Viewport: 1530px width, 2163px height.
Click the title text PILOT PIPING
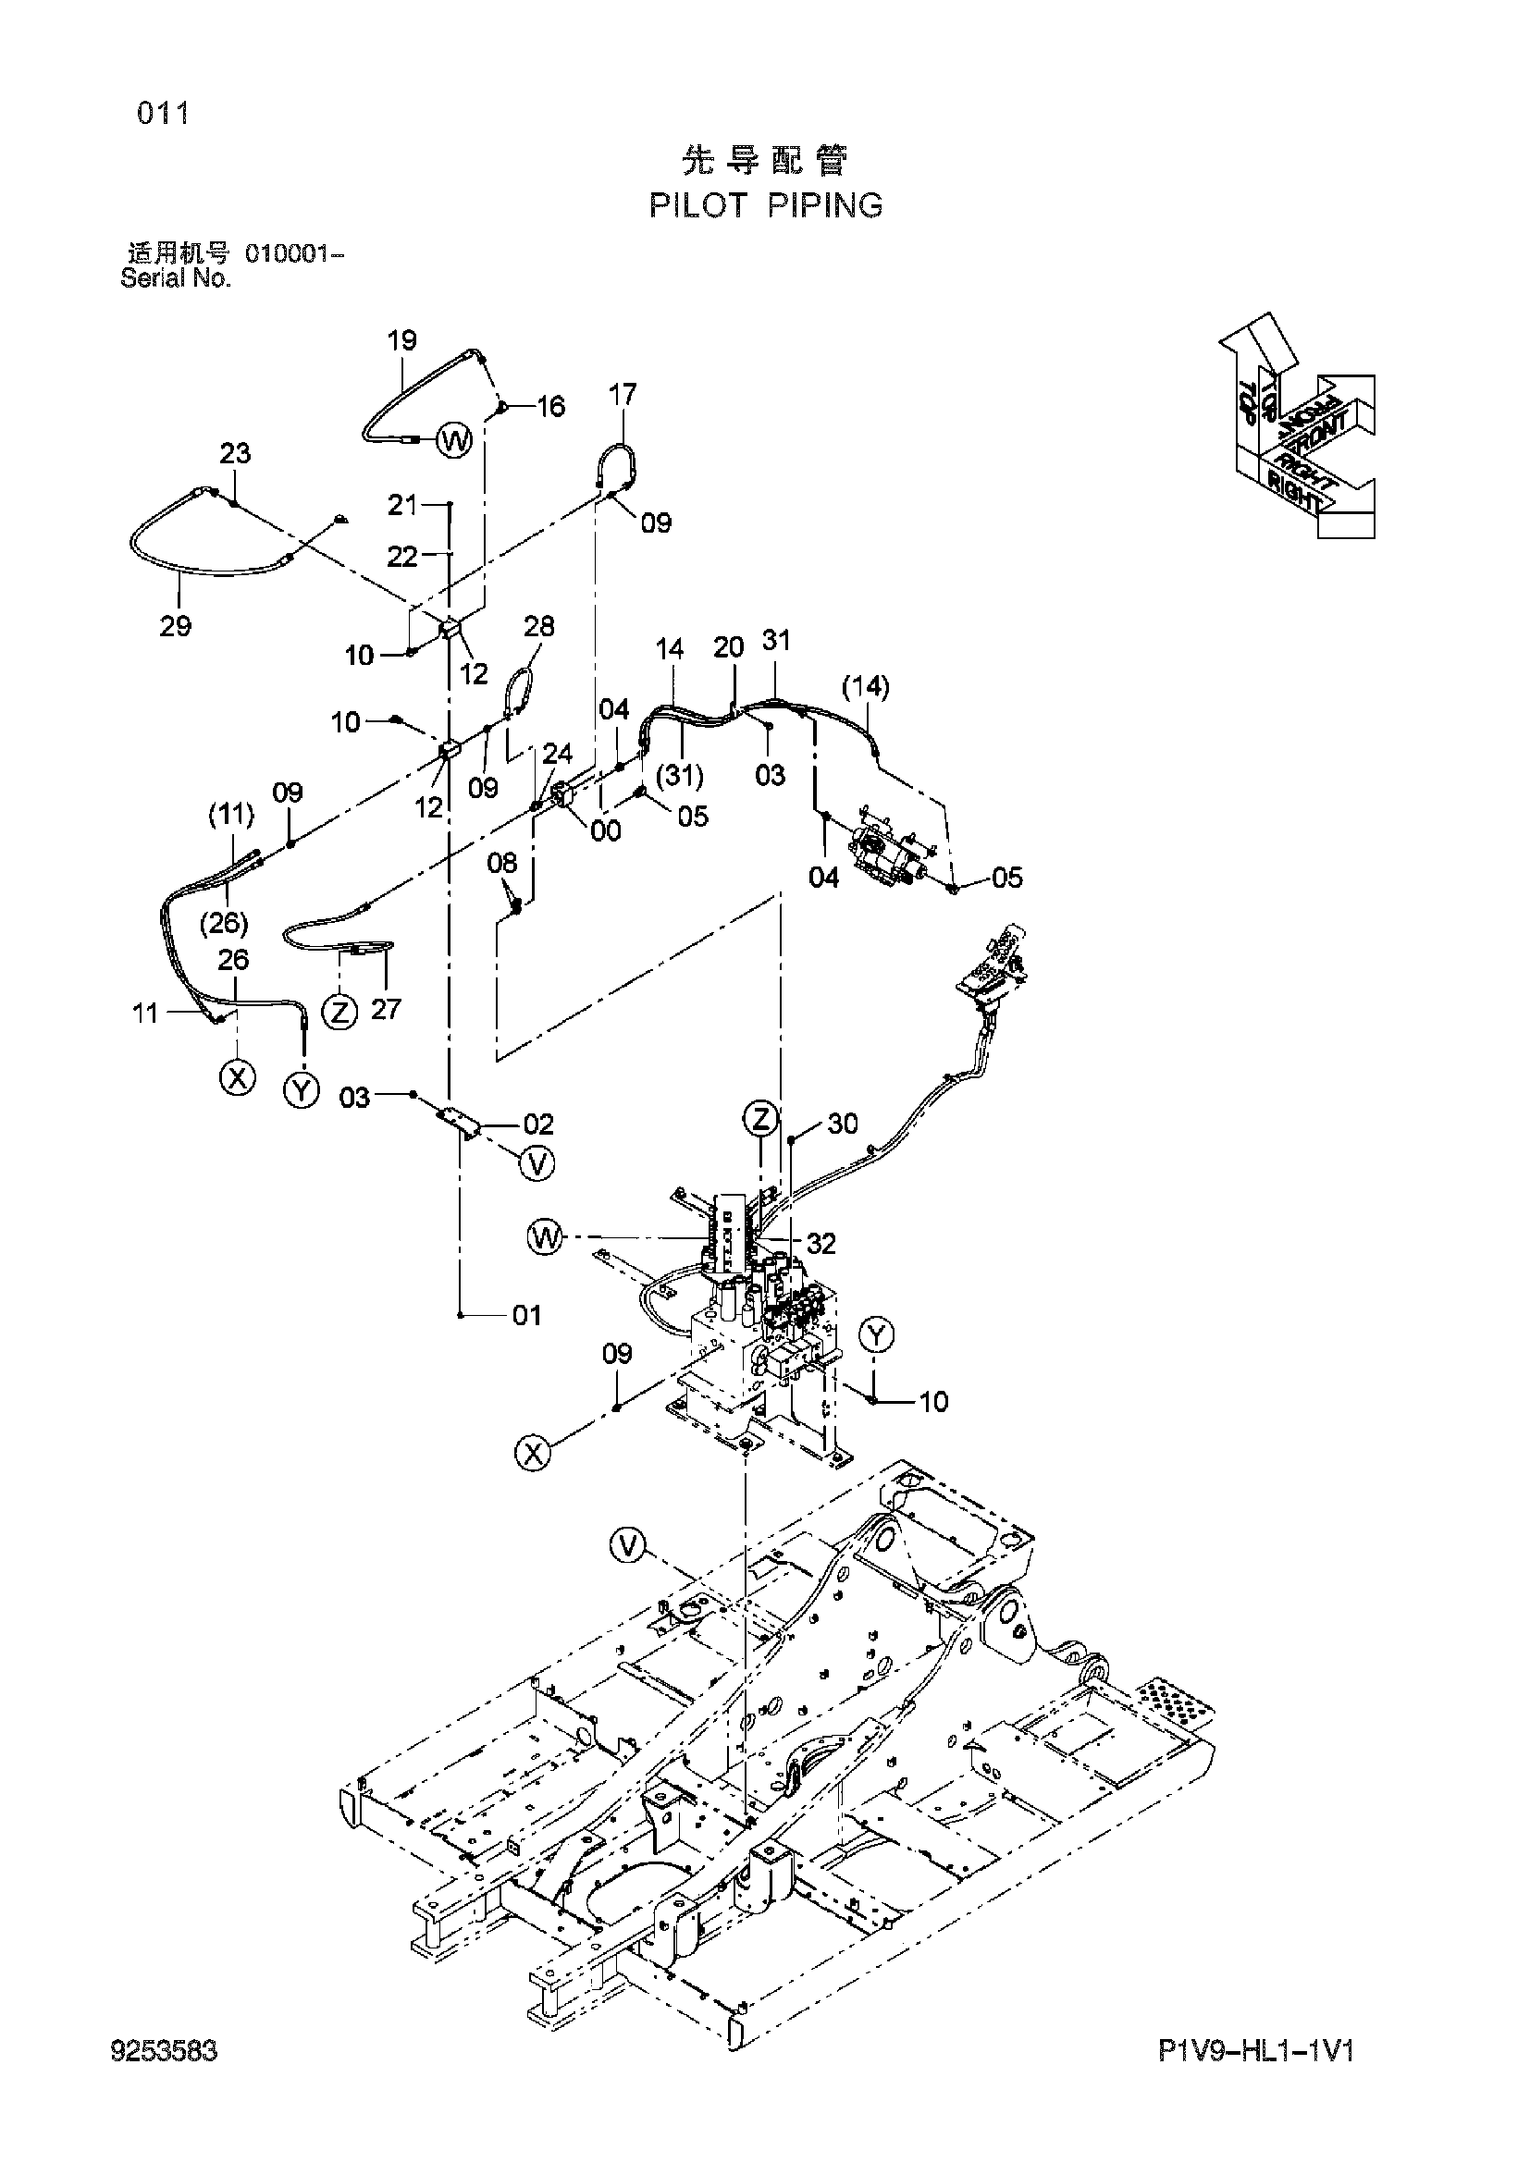point(766,205)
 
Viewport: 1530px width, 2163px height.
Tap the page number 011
point(163,114)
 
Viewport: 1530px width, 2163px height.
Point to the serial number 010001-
point(294,254)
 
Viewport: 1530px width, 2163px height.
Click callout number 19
point(402,341)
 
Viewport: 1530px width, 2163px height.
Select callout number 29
point(176,625)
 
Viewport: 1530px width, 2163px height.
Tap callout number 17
point(623,394)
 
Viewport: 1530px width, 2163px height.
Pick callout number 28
point(539,626)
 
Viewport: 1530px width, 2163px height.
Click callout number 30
point(844,1124)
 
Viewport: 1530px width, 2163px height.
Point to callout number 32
point(821,1244)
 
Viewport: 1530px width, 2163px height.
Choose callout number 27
point(387,1009)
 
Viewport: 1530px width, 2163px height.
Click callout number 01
point(527,1315)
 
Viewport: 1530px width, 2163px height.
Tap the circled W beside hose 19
point(455,440)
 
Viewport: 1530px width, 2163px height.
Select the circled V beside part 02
point(537,1163)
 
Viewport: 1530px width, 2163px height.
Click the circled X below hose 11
point(238,1075)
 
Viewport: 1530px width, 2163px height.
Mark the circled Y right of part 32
point(877,1335)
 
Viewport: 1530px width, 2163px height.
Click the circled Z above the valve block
point(760,1119)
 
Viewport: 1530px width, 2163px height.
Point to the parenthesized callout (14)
point(866,687)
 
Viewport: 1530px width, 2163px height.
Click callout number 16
point(551,407)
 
